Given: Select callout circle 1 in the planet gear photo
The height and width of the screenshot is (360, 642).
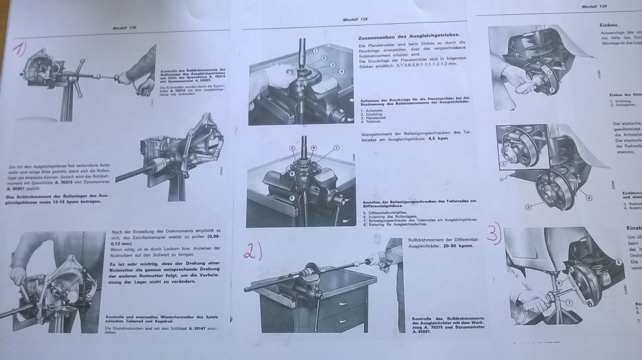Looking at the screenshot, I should [317, 49].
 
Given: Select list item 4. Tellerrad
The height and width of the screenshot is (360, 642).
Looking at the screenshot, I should [371, 121].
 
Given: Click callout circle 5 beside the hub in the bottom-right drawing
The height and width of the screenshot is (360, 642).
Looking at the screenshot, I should [618, 262].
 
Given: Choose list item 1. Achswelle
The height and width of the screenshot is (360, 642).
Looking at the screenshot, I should [372, 110].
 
